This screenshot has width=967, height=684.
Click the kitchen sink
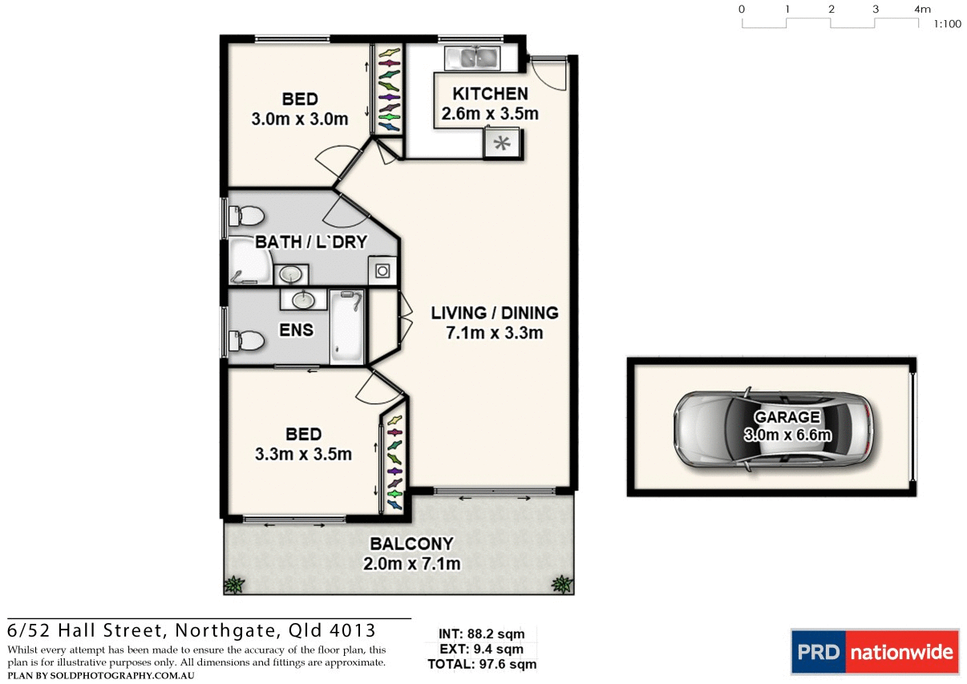point(472,57)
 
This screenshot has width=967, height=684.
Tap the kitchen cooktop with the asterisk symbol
point(502,144)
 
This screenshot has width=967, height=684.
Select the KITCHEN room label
point(490,94)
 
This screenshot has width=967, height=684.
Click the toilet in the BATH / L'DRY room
point(246,216)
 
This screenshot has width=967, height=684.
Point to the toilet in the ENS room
point(246,342)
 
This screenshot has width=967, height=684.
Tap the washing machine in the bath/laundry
point(382,271)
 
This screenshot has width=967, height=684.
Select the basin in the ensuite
point(303,300)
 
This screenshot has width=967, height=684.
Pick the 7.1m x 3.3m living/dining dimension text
point(495,332)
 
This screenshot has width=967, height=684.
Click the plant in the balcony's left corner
point(234,584)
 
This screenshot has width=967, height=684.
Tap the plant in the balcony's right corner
point(562,583)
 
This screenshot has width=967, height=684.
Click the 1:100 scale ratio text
point(947,24)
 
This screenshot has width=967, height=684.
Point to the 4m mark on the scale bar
point(921,10)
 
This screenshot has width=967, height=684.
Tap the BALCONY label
point(411,544)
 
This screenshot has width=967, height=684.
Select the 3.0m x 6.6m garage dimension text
point(787,435)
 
